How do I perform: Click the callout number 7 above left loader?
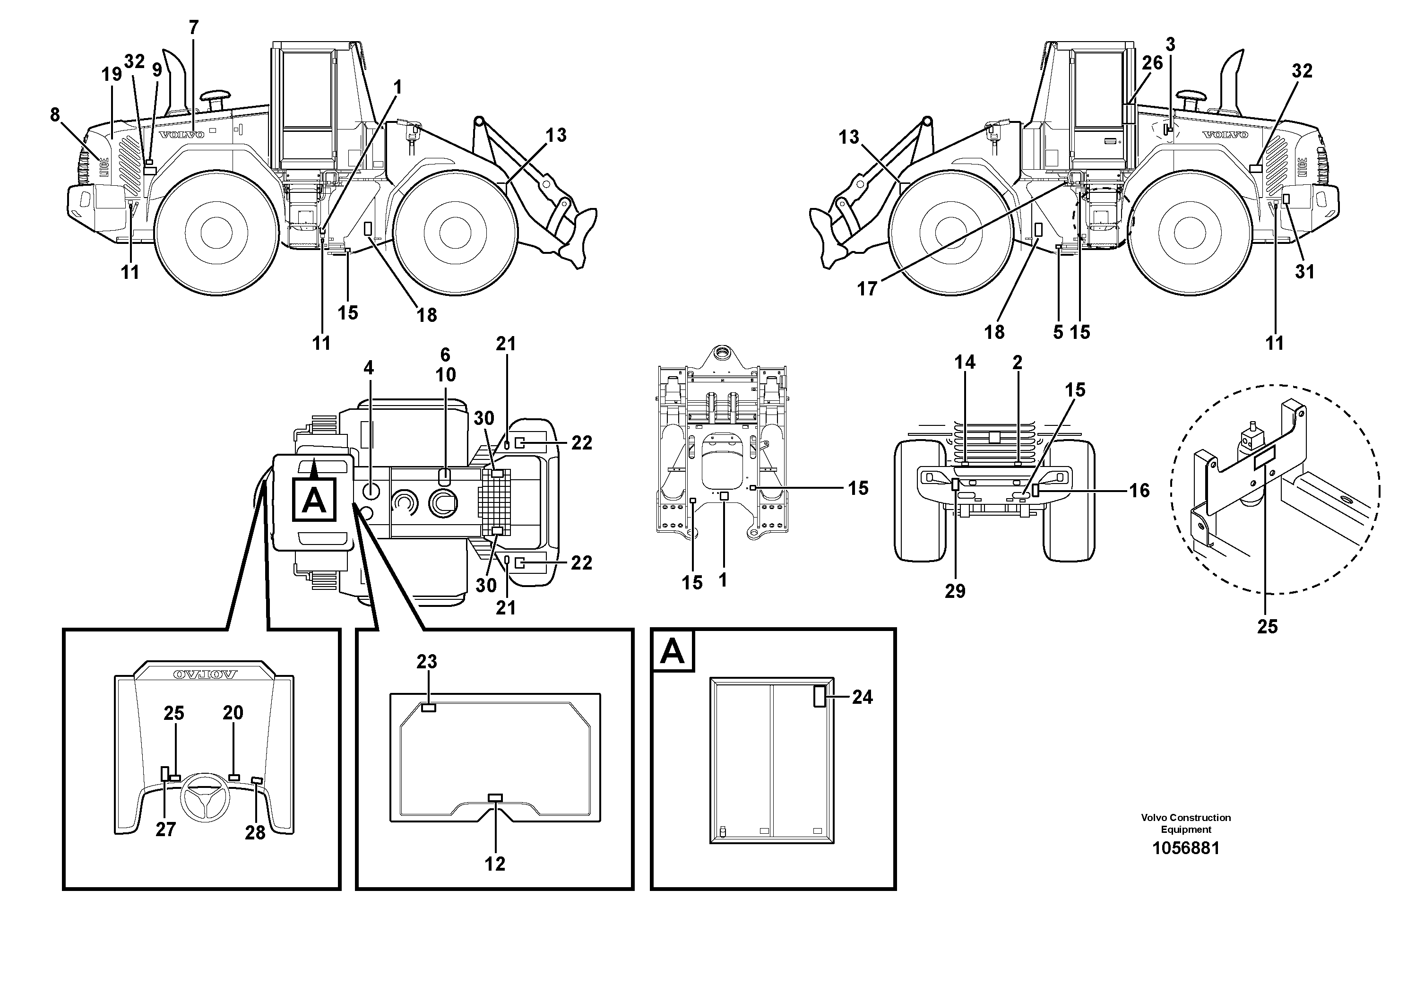pyautogui.click(x=194, y=27)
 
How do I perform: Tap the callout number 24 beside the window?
pyautogui.click(x=862, y=697)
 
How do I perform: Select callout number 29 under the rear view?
pyautogui.click(x=955, y=591)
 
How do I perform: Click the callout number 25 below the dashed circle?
pyautogui.click(x=1267, y=626)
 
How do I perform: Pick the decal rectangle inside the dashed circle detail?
pyautogui.click(x=1264, y=457)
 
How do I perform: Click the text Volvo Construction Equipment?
pyautogui.click(x=1185, y=823)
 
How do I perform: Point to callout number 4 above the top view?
pyautogui.click(x=368, y=368)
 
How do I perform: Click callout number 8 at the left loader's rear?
pyautogui.click(x=55, y=114)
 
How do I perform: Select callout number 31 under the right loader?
pyautogui.click(x=1304, y=271)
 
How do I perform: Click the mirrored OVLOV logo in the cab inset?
pyautogui.click(x=205, y=674)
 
